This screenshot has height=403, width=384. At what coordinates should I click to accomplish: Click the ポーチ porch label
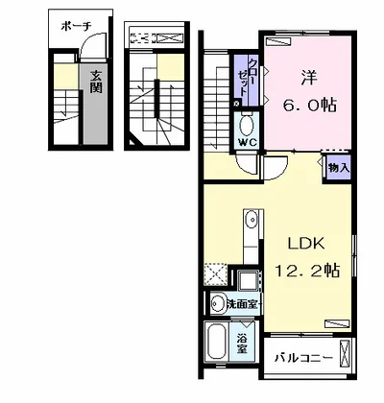tap(76, 27)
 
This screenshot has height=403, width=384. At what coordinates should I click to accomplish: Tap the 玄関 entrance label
tap(96, 82)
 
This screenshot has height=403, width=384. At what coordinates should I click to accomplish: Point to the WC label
tap(248, 142)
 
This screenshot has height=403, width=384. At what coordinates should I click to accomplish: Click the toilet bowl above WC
tap(246, 126)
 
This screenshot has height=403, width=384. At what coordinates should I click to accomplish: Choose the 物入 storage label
tap(339, 168)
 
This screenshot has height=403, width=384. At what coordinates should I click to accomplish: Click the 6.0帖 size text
tap(309, 105)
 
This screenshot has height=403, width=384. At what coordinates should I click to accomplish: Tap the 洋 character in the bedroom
tap(309, 78)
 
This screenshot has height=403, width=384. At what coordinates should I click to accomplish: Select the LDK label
tap(306, 244)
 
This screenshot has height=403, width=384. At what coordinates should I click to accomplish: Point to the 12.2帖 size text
tap(307, 271)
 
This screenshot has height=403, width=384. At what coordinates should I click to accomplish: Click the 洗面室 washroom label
tap(242, 304)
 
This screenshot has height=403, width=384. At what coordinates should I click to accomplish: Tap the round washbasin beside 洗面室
tap(219, 303)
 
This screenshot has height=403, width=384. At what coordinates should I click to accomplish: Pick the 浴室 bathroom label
tap(242, 344)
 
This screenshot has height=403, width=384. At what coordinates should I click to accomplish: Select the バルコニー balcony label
tap(302, 358)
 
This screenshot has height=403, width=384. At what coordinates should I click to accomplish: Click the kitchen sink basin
tap(252, 220)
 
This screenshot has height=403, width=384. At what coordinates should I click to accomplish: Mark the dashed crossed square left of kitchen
tap(215, 274)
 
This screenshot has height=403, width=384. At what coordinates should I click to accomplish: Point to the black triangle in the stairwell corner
tap(134, 141)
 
